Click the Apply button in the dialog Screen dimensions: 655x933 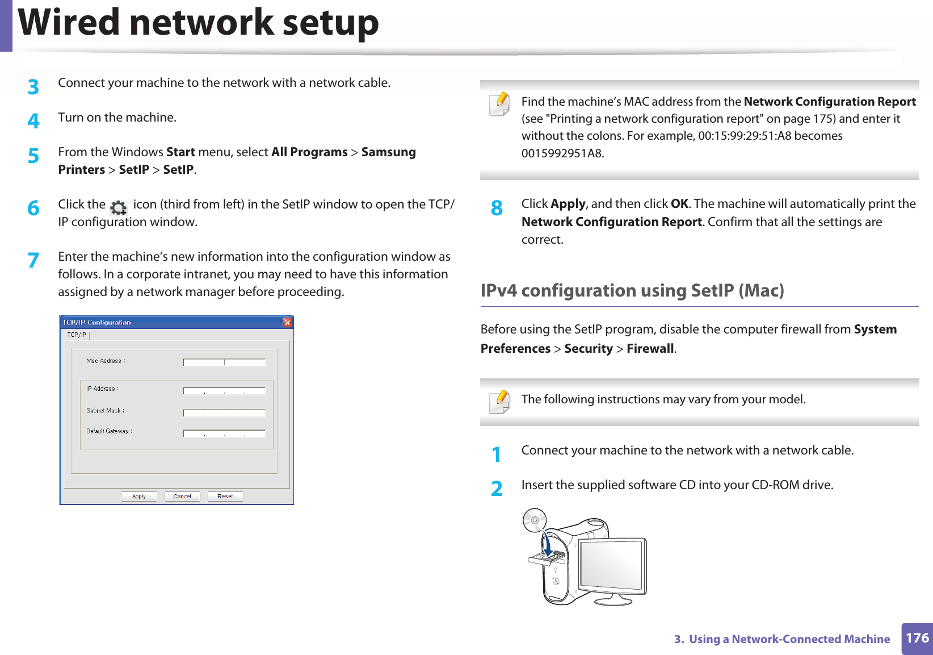139,497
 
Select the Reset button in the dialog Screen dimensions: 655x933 225,497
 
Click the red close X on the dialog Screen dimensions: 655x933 287,323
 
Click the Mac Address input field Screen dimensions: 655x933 224,362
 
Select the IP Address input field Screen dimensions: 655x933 224,391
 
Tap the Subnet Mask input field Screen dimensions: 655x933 224,413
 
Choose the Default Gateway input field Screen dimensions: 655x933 224,433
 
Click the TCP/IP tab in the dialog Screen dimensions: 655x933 77,335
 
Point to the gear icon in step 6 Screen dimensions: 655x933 119,208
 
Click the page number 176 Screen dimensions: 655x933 917,638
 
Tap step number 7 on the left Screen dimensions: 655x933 33,260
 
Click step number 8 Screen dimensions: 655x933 497,208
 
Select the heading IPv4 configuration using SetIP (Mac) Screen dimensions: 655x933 632,290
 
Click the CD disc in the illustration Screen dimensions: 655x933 535,520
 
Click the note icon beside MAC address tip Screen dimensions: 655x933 499,105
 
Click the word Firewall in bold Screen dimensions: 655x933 650,349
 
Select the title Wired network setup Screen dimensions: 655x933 198,23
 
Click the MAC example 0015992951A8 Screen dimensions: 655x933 562,153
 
